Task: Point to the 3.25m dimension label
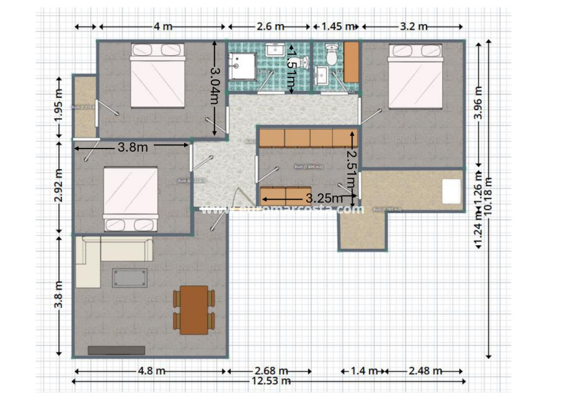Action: point(324,198)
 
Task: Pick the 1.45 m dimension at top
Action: point(337,26)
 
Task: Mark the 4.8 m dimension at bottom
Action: point(151,371)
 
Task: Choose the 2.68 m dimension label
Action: point(270,371)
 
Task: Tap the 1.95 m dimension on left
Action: point(58,108)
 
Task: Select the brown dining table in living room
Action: point(194,309)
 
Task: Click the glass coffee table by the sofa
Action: point(130,277)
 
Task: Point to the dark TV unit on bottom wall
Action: point(116,350)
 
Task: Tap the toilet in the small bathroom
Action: point(332,55)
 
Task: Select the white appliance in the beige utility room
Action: point(451,191)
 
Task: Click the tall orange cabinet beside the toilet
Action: point(352,62)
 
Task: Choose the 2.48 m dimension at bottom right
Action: point(425,371)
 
